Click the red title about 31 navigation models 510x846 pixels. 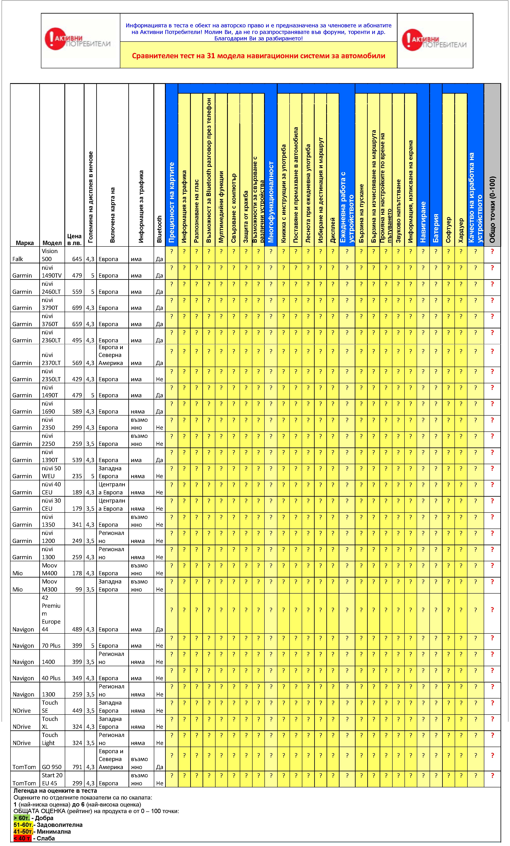258,56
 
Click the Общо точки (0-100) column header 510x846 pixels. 492,209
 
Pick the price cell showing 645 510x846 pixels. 77,259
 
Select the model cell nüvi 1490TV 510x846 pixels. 51,271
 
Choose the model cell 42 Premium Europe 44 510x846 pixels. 51,613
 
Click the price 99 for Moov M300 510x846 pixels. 79,589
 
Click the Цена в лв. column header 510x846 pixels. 74,239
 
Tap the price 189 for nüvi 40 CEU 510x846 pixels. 77,492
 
